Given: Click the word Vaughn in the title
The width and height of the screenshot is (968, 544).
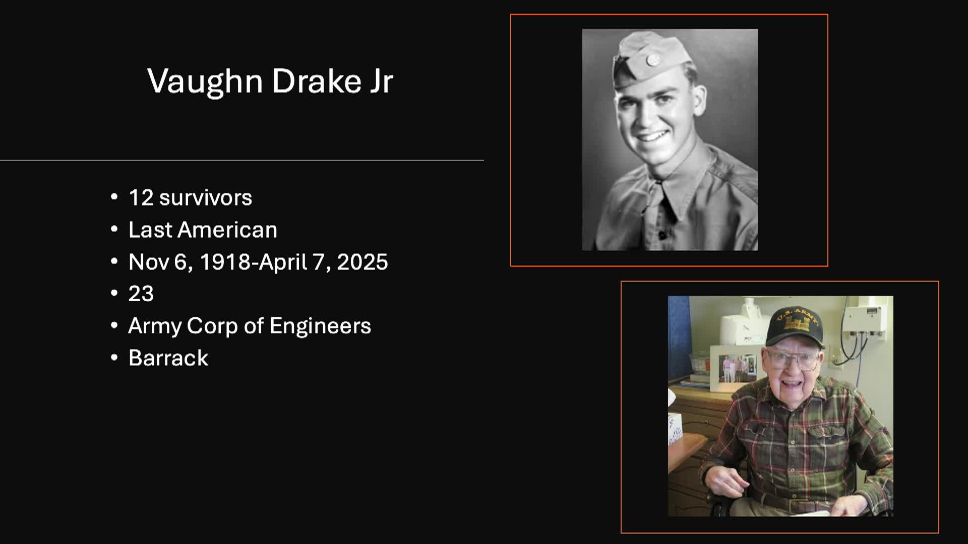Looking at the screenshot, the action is click(x=205, y=81).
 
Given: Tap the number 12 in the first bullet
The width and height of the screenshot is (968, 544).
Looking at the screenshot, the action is click(x=141, y=197).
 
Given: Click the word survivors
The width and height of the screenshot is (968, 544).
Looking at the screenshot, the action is click(x=206, y=197).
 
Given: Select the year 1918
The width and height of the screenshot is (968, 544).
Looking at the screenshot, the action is click(x=225, y=262).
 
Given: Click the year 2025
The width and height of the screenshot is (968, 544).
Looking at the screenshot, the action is click(x=362, y=262).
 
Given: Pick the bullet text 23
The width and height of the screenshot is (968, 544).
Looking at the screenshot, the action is click(x=141, y=294).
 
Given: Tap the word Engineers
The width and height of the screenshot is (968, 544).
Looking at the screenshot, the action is click(x=320, y=326).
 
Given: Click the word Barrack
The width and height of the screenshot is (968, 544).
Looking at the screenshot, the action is click(x=168, y=358).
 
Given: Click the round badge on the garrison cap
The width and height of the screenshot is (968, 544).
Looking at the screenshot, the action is click(x=652, y=60).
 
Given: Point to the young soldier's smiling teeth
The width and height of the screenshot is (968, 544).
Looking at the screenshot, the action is click(x=651, y=136).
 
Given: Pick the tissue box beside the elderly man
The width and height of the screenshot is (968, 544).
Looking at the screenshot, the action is click(x=675, y=429).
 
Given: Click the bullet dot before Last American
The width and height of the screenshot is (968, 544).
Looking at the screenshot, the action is click(x=114, y=230).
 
